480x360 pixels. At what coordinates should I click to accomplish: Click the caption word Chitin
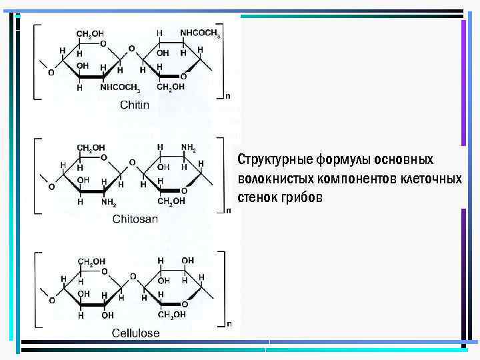[135, 105]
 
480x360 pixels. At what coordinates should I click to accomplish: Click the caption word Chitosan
[135, 219]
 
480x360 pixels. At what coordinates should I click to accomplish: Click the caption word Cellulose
[135, 332]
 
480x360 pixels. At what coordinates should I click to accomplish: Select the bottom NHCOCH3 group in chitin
[120, 87]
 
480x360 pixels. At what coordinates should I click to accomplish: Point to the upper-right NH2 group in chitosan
[189, 147]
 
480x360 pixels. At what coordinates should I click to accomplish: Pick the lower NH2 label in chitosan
[108, 201]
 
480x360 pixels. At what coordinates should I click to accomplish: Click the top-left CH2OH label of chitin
[90, 33]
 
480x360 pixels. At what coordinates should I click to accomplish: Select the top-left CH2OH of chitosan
[91, 147]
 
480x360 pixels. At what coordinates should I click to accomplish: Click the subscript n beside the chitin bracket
[228, 96]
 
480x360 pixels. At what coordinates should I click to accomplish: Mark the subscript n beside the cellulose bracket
[229, 325]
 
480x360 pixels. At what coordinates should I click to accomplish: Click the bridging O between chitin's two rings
[131, 49]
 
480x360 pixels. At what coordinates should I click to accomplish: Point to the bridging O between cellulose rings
[132, 276]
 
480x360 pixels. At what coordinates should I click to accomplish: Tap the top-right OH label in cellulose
[188, 260]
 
